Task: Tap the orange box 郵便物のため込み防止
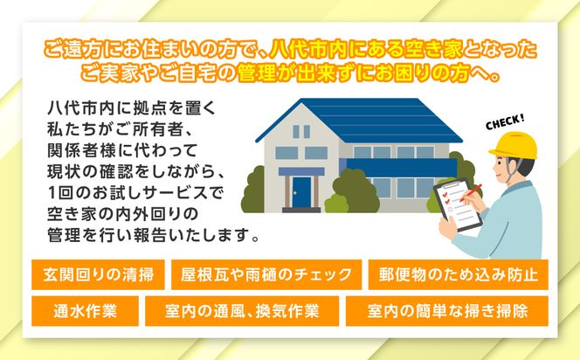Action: click(x=458, y=275)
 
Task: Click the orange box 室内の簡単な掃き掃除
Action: click(x=447, y=310)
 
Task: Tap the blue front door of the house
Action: click(x=301, y=190)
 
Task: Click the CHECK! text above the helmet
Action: click(x=505, y=119)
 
